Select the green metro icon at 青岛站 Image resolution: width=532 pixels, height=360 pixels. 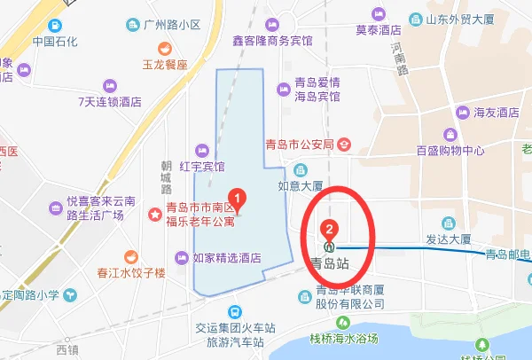coord(330,247)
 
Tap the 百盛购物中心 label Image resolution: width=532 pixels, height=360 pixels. coord(450,150)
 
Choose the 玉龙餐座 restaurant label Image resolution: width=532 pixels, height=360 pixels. coord(166,65)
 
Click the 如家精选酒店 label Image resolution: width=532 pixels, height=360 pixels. coord(227,259)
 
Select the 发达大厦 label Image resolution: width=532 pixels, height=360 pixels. coord(448,240)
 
